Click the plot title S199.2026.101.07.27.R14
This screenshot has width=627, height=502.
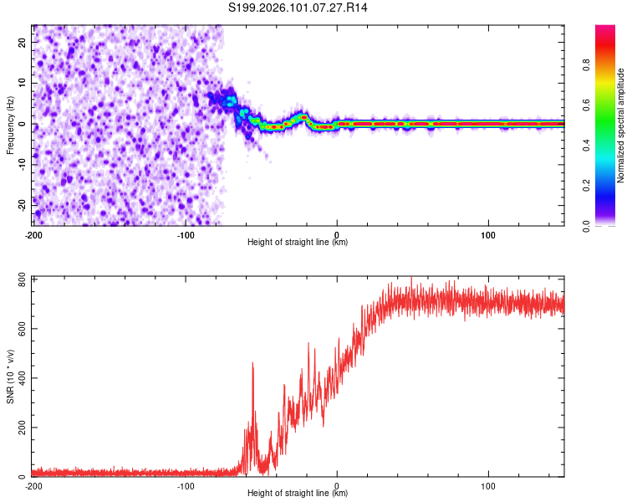coord(298,8)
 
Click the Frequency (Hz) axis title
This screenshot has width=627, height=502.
coord(10,125)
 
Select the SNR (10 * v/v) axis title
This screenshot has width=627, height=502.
coord(10,376)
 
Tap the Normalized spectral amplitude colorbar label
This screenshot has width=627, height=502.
coord(621,125)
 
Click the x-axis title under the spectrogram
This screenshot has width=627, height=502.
coord(298,243)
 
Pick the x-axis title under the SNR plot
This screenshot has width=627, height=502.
coord(298,494)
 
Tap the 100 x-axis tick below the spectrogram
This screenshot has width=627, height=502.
coord(488,235)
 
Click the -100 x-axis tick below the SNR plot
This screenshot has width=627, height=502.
coord(185,486)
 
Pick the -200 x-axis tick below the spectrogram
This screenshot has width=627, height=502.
coord(33,235)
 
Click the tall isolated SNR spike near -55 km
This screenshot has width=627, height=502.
coord(252,365)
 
